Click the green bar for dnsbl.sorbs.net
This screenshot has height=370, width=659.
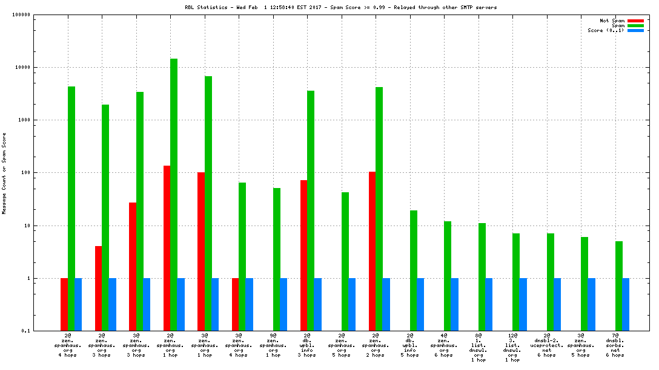click(619, 285)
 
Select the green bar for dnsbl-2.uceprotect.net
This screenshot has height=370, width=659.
click(551, 282)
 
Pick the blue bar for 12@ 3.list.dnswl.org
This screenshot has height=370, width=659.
click(523, 304)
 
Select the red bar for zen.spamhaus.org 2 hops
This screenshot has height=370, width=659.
click(372, 251)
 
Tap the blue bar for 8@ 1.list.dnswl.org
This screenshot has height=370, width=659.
click(489, 304)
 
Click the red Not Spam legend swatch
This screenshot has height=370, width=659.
click(635, 21)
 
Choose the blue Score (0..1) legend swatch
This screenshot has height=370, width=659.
click(635, 30)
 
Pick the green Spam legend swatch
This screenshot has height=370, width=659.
click(635, 25)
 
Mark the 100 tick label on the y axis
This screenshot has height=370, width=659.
click(24, 173)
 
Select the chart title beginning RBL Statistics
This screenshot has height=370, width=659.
click(340, 7)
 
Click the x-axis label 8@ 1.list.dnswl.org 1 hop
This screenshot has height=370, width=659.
click(479, 348)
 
